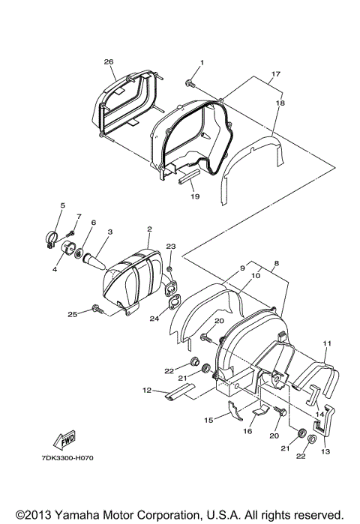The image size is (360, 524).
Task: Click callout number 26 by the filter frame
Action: tap(109, 61)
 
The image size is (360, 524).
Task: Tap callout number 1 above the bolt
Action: tap(201, 61)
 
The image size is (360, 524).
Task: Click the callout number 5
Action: tap(63, 205)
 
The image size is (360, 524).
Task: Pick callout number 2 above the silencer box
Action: tap(148, 229)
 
